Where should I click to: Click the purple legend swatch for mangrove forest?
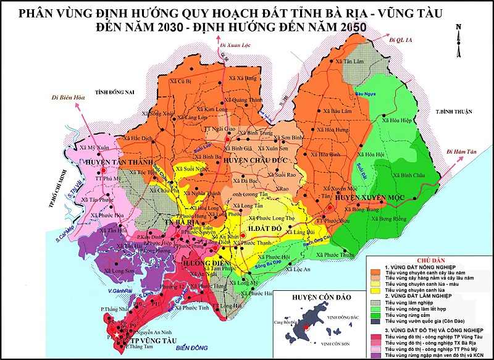click(x=375, y=356)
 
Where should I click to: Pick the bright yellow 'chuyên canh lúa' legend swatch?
click(x=375, y=289)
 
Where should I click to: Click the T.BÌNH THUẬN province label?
click(x=454, y=112)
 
